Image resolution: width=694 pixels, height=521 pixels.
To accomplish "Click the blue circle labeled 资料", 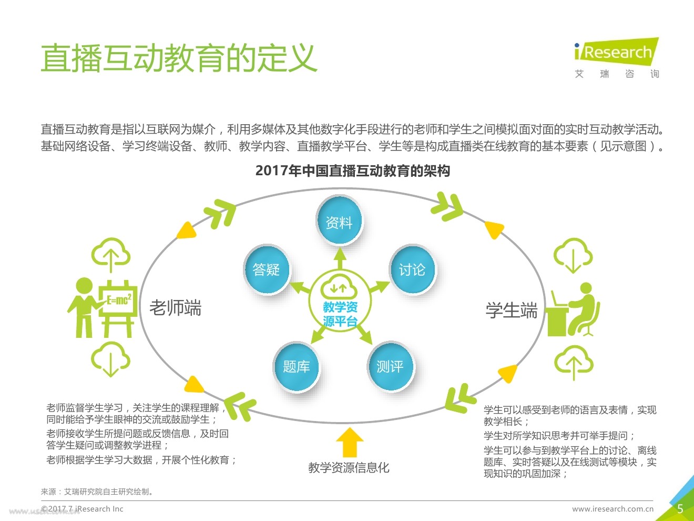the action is click(x=339, y=222).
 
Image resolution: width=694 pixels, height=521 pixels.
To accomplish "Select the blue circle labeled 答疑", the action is click(x=266, y=269).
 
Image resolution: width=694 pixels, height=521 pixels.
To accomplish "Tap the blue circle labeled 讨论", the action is click(x=412, y=269).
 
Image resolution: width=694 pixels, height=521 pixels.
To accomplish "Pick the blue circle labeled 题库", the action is click(x=296, y=366).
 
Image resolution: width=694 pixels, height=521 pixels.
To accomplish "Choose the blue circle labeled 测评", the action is click(x=390, y=366).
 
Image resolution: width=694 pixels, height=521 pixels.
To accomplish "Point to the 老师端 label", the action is click(x=175, y=308).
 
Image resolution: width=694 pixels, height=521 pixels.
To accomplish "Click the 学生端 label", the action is click(x=511, y=310).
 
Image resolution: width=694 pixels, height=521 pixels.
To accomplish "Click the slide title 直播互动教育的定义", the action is click(x=179, y=58).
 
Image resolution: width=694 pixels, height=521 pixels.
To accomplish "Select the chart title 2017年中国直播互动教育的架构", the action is click(x=352, y=171).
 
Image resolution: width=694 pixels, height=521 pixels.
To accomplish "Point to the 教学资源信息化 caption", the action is click(x=349, y=467).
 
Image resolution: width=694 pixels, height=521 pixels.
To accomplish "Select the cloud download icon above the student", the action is click(x=573, y=255).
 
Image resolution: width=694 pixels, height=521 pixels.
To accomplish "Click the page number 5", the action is click(x=680, y=509).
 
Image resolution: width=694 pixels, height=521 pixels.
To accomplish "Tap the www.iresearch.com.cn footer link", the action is click(x=613, y=509).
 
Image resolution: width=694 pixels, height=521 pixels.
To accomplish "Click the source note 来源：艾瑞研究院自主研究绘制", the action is click(x=97, y=492).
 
